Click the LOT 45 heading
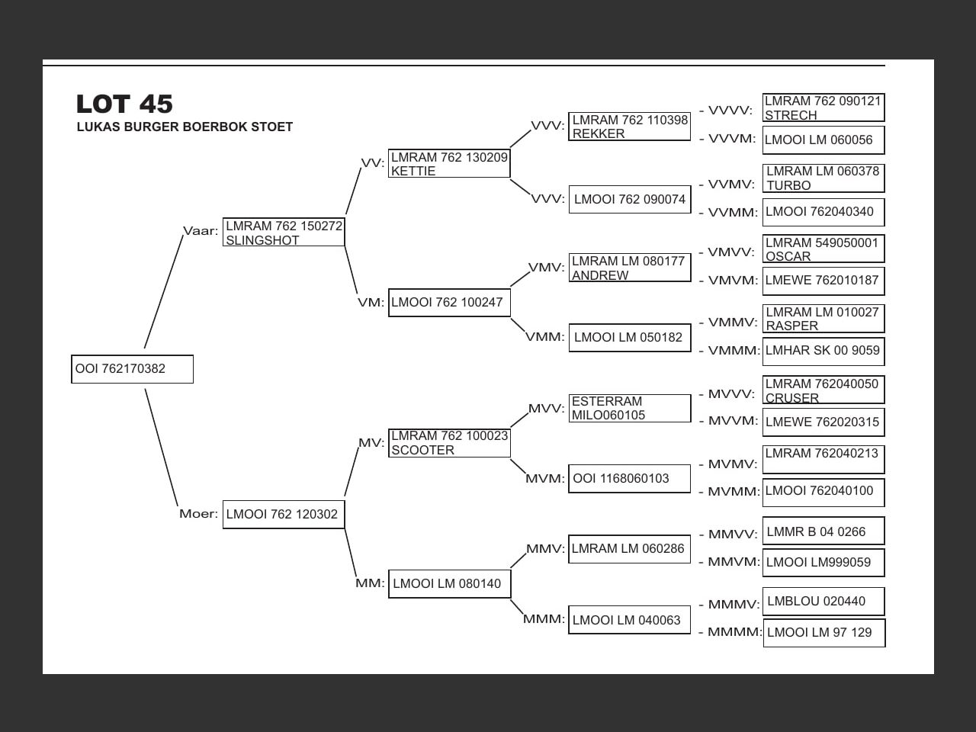point(124,104)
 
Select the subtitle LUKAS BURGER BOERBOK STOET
point(185,127)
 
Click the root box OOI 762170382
point(132,369)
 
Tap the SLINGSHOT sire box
point(284,233)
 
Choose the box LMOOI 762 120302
point(284,514)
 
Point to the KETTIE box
point(449,164)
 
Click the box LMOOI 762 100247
point(449,303)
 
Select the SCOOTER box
point(449,443)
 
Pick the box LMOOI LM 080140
point(449,584)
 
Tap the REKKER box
point(630,127)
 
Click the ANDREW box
point(630,268)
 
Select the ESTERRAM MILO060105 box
point(630,408)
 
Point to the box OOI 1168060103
point(630,479)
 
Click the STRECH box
point(823,108)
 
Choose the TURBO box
point(823,178)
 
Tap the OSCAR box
point(823,249)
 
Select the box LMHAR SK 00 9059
point(823,351)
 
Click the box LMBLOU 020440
point(823,602)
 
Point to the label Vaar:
point(201,231)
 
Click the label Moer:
point(198,514)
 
